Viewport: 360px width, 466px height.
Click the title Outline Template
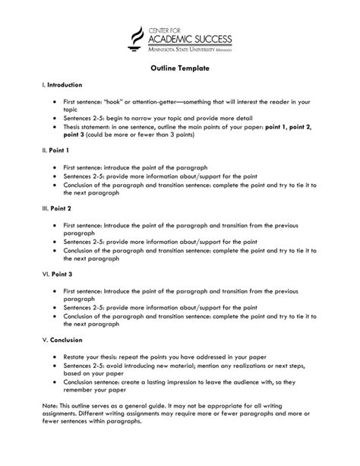tap(179, 68)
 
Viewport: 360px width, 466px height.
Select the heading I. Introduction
tap(62, 85)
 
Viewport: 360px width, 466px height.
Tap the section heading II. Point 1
tap(57, 151)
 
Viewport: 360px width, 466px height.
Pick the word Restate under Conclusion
tap(75, 355)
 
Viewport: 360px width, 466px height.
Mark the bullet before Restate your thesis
tap(55, 355)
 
